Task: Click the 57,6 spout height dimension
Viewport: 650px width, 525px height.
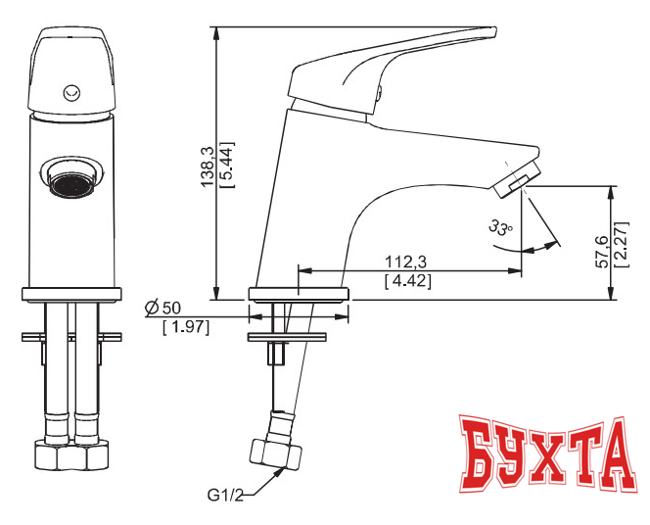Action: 602,252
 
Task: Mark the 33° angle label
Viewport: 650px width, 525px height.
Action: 500,228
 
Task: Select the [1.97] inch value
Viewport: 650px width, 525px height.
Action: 186,326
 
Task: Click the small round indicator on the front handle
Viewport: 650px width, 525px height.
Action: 70,93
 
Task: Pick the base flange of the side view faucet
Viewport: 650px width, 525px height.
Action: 300,292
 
